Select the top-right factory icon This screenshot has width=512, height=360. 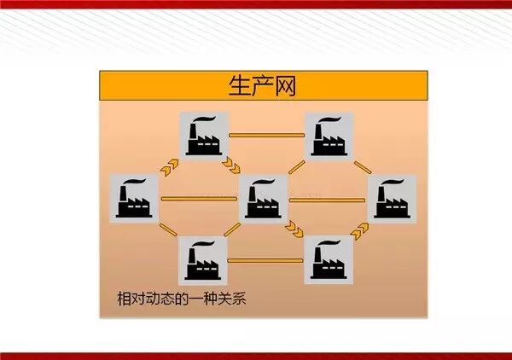pyautogui.click(x=330, y=135)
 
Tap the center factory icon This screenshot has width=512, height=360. pyautogui.click(x=265, y=199)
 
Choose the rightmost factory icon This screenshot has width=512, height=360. pyautogui.click(x=392, y=199)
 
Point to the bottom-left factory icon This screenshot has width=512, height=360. pyautogui.click(x=203, y=259)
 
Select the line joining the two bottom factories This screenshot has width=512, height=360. pyautogui.click(x=266, y=259)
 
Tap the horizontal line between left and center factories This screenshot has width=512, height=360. pyautogui.click(x=201, y=200)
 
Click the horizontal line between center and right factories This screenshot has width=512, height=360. pyautogui.click(x=329, y=200)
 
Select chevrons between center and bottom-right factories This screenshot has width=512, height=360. pyautogui.click(x=295, y=228)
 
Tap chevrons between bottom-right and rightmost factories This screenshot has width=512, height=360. pyautogui.click(x=362, y=228)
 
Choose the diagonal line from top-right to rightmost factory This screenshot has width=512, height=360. pyautogui.click(x=362, y=165)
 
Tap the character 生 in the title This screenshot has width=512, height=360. pyautogui.click(x=239, y=86)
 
